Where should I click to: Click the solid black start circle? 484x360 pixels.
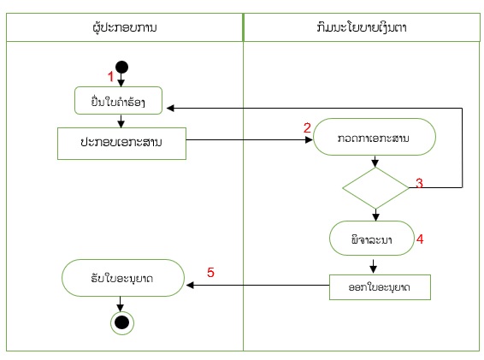121,68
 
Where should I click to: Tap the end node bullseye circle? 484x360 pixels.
122,323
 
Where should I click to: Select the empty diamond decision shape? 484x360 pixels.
375,188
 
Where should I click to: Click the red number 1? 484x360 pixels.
110,76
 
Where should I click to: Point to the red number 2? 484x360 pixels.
307,127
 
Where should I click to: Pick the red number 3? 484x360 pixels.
419,183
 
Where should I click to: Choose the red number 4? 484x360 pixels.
420,239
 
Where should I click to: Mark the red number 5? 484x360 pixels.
210,272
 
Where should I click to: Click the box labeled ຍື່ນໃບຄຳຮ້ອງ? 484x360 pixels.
118,101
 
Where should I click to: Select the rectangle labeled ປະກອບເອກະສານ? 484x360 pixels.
121,144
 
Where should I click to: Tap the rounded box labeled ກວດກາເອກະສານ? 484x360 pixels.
375,137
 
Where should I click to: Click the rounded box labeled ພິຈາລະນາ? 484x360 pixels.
372,238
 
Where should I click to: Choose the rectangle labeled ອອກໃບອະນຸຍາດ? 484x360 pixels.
380,287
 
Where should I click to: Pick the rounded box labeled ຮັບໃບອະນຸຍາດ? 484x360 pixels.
123,278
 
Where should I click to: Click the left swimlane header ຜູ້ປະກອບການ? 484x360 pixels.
124,27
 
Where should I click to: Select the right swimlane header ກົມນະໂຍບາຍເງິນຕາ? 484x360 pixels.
362,27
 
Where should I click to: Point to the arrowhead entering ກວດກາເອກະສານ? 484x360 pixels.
309,140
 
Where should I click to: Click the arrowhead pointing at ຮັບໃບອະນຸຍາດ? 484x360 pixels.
190,285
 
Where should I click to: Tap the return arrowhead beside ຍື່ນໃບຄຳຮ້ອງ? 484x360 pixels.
170,108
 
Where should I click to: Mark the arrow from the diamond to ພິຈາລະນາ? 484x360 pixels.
375,215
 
